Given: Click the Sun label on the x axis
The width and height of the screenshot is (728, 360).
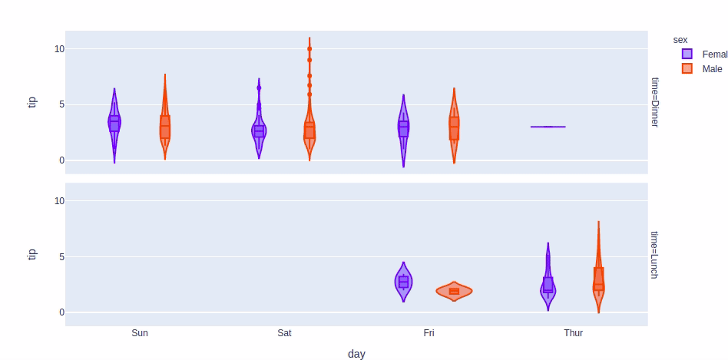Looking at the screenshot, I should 140,333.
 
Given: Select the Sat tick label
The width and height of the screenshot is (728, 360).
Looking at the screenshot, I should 284,333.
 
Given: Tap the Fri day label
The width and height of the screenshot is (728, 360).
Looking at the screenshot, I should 429,333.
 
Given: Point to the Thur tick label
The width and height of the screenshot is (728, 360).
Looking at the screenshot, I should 573,333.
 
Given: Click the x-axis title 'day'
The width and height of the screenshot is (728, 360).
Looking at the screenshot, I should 356,354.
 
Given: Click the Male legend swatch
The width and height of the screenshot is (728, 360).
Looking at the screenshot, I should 687,68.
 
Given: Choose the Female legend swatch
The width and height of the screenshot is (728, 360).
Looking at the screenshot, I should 687,54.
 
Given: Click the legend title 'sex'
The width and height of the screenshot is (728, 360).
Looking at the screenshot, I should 680,39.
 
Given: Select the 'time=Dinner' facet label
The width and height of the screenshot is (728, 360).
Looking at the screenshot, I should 655,101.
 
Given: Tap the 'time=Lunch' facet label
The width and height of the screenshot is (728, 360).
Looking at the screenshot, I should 655,254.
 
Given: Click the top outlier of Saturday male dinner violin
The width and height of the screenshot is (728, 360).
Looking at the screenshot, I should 309,48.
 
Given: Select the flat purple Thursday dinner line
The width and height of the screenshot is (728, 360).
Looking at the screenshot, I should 548,127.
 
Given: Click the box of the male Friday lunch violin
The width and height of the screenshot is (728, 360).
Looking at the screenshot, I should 454,291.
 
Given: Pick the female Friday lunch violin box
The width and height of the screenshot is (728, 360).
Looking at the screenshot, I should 403,282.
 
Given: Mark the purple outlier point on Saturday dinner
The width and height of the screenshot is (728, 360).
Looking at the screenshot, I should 259,88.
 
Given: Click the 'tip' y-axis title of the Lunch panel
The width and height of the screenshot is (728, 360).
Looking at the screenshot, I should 32,254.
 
